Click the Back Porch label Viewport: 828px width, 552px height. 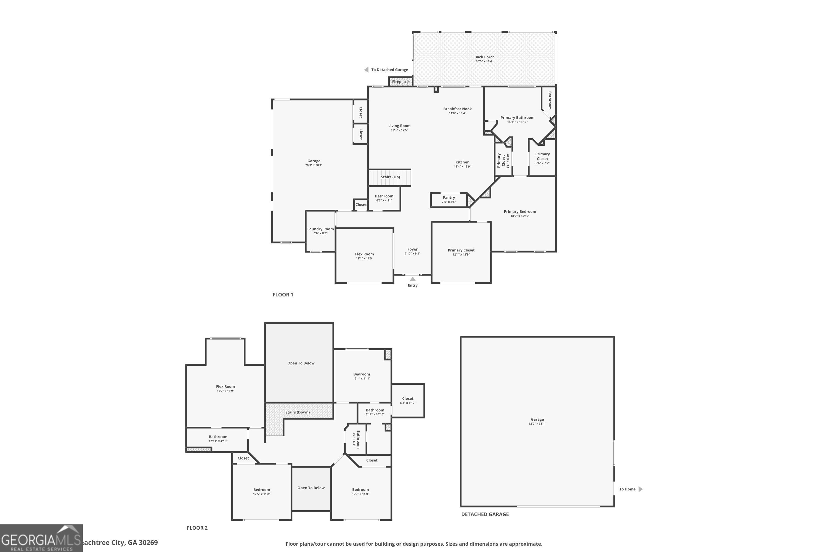(x=484, y=57)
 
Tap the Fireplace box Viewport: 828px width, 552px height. (x=400, y=82)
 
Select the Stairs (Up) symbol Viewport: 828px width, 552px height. (x=390, y=177)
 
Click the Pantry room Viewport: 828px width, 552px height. (x=449, y=200)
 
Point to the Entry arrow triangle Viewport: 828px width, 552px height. (x=413, y=279)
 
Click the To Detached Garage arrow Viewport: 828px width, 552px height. (x=366, y=70)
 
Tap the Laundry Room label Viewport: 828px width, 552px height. (x=320, y=229)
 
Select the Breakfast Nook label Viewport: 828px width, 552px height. (x=457, y=109)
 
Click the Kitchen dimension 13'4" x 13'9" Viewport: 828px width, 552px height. (x=462, y=166)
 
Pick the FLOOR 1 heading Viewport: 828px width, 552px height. (x=283, y=295)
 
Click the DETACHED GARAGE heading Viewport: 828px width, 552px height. (x=485, y=514)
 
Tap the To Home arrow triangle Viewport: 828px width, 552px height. (x=640, y=489)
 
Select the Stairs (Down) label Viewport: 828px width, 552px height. (x=298, y=412)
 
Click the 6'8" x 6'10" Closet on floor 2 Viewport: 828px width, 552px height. (x=408, y=401)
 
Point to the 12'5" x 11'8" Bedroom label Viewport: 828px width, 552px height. (x=262, y=490)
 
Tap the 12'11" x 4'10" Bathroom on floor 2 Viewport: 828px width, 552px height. (x=218, y=439)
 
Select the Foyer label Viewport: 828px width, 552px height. (x=412, y=249)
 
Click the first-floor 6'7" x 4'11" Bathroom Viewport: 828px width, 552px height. (x=384, y=198)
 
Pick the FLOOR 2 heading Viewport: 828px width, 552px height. (x=197, y=528)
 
